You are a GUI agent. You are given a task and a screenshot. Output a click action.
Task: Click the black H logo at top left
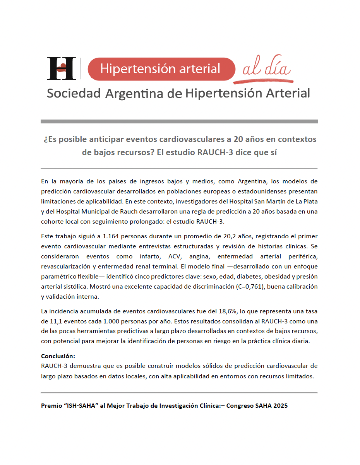(x=61, y=68)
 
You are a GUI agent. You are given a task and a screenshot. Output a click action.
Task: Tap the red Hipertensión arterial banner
(x=161, y=69)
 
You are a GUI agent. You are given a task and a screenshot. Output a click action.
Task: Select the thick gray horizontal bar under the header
(x=179, y=121)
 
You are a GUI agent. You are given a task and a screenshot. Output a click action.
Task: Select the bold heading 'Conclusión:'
(x=58, y=356)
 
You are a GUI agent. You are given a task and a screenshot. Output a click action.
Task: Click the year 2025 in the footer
(x=279, y=406)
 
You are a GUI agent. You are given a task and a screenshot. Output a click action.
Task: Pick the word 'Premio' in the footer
(x=51, y=406)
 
